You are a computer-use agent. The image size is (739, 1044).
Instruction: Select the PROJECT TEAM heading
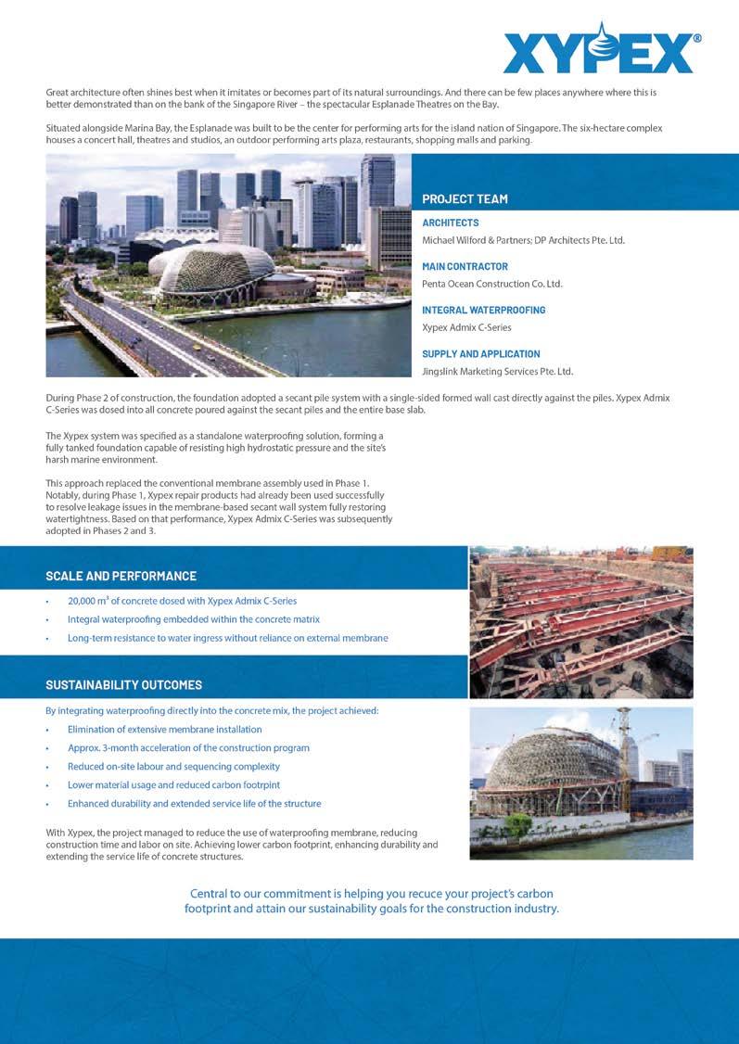click(465, 198)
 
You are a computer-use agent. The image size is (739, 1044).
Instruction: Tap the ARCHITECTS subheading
click(451, 223)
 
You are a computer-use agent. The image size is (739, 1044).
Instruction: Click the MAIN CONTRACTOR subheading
click(465, 267)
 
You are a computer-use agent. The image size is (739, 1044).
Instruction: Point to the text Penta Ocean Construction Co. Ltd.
click(492, 284)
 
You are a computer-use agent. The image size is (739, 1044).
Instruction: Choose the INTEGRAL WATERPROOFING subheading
click(483, 311)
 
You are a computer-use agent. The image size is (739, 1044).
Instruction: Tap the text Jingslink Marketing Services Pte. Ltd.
click(497, 372)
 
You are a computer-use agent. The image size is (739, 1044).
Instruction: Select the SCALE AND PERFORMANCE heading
click(121, 576)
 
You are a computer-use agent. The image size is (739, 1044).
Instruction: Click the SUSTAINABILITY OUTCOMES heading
click(123, 685)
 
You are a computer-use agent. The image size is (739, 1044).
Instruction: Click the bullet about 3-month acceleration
click(188, 747)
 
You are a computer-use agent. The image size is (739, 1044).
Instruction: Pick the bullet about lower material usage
click(173, 784)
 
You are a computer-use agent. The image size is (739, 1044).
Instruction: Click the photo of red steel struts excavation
click(580, 621)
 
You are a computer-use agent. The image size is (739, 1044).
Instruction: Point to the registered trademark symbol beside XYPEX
click(696, 39)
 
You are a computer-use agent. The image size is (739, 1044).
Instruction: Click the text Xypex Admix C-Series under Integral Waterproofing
click(466, 327)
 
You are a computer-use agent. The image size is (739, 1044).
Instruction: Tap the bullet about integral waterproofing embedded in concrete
click(193, 619)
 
